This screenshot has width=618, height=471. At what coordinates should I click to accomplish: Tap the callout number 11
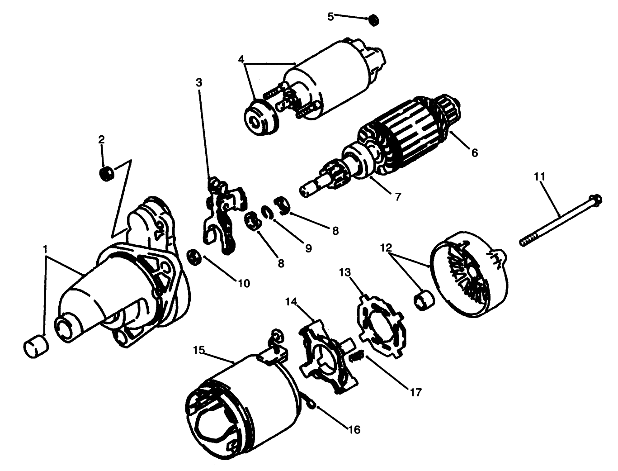click(539, 176)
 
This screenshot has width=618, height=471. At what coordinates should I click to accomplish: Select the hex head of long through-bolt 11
click(596, 199)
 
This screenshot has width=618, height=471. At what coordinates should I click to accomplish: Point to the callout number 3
click(199, 83)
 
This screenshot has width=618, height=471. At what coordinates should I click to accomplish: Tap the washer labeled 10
click(194, 257)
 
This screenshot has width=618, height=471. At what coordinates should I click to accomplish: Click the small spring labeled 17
click(357, 357)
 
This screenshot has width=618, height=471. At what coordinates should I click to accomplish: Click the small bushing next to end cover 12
click(424, 301)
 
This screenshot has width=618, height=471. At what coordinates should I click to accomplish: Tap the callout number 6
click(474, 153)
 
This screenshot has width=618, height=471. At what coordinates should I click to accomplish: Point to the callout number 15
click(199, 351)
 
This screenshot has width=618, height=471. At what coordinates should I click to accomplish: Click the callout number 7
click(398, 198)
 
